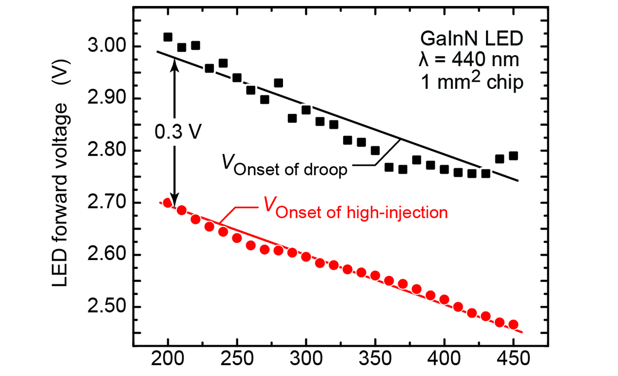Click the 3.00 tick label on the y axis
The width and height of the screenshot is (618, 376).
tap(104, 47)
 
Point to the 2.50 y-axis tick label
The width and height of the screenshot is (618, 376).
tap(104, 307)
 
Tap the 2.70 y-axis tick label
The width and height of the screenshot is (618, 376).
tap(104, 203)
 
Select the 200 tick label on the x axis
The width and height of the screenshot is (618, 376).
tap(168, 360)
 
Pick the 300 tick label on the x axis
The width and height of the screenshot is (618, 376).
tap(306, 360)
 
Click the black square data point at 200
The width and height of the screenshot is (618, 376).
tap(168, 37)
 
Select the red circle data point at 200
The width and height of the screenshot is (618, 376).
tap(168, 203)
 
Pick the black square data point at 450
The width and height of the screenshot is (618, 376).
tap(514, 156)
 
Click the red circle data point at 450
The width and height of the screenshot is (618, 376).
tap(514, 325)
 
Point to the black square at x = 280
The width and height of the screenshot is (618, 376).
tap(278, 83)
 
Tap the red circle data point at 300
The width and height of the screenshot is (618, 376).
tap(306, 256)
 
